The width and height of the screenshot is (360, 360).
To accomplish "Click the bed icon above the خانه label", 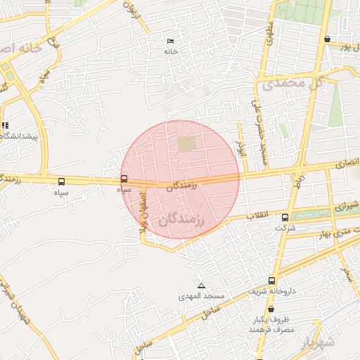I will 169,41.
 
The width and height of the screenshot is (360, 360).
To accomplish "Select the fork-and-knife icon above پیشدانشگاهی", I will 5,125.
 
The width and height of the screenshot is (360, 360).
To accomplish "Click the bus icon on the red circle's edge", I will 124,179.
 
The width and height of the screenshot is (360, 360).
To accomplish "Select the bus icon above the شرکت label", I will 285,217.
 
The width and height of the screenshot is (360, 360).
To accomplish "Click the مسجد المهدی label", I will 201,297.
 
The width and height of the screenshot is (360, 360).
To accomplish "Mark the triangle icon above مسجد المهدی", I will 201,285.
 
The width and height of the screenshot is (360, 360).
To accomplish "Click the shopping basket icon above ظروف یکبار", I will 271,309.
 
